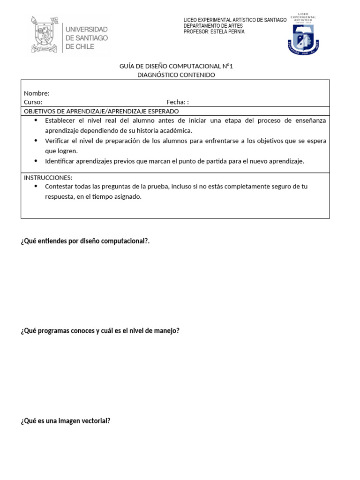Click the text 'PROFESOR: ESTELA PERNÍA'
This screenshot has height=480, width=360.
(x=214, y=32)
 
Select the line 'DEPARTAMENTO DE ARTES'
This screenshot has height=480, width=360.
(x=213, y=26)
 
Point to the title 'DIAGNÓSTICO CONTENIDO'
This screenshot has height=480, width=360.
(x=176, y=75)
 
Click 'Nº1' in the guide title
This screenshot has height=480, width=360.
(x=228, y=66)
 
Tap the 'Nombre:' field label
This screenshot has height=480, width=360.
(x=37, y=93)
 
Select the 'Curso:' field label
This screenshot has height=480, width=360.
(x=33, y=102)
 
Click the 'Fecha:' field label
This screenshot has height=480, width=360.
(x=176, y=102)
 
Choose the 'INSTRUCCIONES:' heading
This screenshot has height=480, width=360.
(x=48, y=178)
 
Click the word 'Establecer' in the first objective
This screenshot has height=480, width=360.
(x=60, y=120)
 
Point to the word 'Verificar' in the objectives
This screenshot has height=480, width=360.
(x=58, y=141)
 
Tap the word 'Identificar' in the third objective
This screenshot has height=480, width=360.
(x=60, y=161)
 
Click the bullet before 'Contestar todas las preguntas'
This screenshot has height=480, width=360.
(x=36, y=186)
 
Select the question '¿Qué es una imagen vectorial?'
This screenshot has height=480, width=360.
(x=66, y=421)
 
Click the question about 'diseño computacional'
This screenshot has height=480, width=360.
(x=85, y=241)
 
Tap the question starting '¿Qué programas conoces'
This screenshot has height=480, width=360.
(x=100, y=331)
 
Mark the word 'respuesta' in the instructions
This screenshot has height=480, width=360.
(x=60, y=197)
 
